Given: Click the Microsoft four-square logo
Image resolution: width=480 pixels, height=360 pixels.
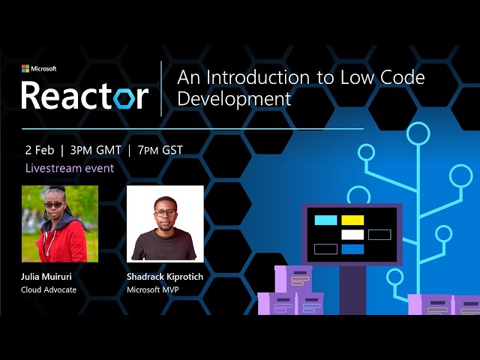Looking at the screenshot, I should pyautogui.click(x=25, y=68).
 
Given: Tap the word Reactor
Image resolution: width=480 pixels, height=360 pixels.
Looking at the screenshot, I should pyautogui.click(x=84, y=95).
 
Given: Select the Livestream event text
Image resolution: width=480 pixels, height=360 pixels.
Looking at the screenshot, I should pyautogui.click(x=70, y=168).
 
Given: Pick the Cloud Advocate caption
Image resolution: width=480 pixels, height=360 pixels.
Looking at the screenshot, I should pyautogui.click(x=49, y=289).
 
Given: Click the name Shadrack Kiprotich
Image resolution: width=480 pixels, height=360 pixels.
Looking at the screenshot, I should pyautogui.click(x=165, y=277).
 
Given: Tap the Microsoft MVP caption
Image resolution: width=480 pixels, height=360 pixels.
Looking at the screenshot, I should pyautogui.click(x=155, y=289).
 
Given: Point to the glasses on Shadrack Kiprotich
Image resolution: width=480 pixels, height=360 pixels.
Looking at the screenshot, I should pyautogui.click(x=165, y=212).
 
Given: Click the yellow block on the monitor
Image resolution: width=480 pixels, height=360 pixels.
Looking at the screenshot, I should pyautogui.click(x=352, y=220).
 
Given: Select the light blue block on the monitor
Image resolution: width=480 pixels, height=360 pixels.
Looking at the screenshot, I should pyautogui.click(x=325, y=220).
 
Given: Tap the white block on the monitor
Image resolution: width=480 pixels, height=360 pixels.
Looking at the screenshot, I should pyautogui.click(x=352, y=235).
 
